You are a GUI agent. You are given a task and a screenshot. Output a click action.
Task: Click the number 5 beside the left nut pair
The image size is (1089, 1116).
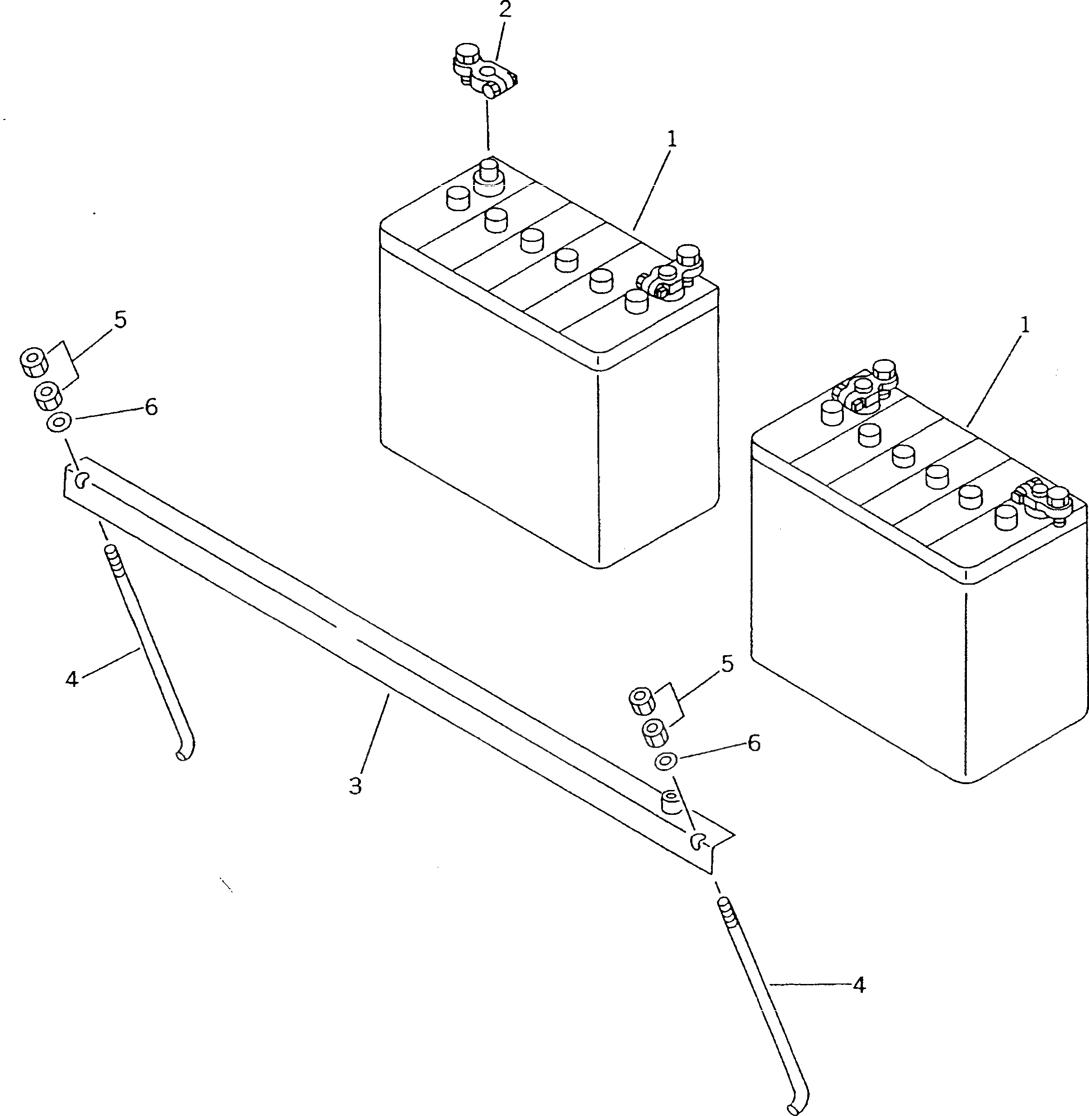(x=120, y=320)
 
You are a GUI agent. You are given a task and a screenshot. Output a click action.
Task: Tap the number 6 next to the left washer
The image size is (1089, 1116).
(x=151, y=407)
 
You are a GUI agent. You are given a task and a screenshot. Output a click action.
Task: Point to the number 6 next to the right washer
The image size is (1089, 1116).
(x=754, y=743)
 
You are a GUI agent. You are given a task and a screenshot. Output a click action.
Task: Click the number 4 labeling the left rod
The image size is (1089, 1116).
(x=71, y=680)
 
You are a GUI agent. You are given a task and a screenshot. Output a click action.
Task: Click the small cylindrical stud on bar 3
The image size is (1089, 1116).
(x=670, y=803)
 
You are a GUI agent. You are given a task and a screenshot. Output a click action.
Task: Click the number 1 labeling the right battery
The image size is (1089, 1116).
(x=1024, y=326)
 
